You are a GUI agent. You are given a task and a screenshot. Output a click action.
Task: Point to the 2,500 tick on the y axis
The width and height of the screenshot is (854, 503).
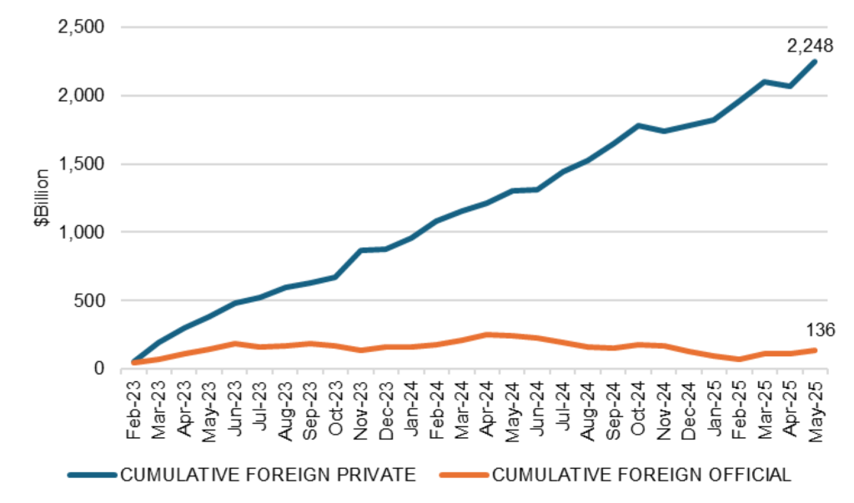tap(80, 28)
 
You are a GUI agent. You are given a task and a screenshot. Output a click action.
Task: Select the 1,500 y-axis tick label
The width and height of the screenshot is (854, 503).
tap(80, 163)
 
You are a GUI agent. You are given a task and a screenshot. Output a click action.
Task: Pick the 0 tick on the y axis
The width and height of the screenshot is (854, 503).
tap(98, 369)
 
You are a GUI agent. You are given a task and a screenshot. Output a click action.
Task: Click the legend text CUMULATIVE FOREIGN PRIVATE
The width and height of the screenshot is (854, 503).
tap(268, 475)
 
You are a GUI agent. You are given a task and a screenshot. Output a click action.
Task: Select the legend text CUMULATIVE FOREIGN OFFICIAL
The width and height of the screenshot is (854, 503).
tap(641, 475)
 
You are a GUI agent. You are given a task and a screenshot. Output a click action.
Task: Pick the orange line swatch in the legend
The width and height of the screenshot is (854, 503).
tap(465, 475)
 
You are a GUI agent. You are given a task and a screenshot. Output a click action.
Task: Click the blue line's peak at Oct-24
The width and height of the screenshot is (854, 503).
tap(638, 125)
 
